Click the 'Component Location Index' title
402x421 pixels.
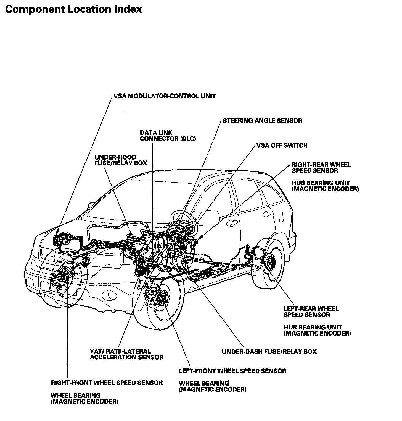tap(73, 9)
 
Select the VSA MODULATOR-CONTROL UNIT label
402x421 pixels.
tap(165, 96)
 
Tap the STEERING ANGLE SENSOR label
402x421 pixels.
tap(262, 121)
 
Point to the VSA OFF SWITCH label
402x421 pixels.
tap(282, 145)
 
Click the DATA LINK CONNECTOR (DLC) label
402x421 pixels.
tap(168, 136)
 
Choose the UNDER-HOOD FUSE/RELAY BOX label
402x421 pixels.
tap(121, 160)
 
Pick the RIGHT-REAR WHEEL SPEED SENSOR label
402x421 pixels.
tap(321, 167)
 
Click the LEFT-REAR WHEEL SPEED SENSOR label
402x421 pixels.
tap(311, 312)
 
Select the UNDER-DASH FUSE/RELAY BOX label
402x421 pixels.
tap(269, 352)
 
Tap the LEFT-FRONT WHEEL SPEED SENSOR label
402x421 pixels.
tap(232, 371)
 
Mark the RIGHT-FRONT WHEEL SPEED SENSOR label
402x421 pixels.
tap(107, 383)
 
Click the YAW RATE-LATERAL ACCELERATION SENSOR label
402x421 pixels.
tap(126, 354)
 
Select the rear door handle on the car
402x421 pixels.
tap(267, 214)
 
